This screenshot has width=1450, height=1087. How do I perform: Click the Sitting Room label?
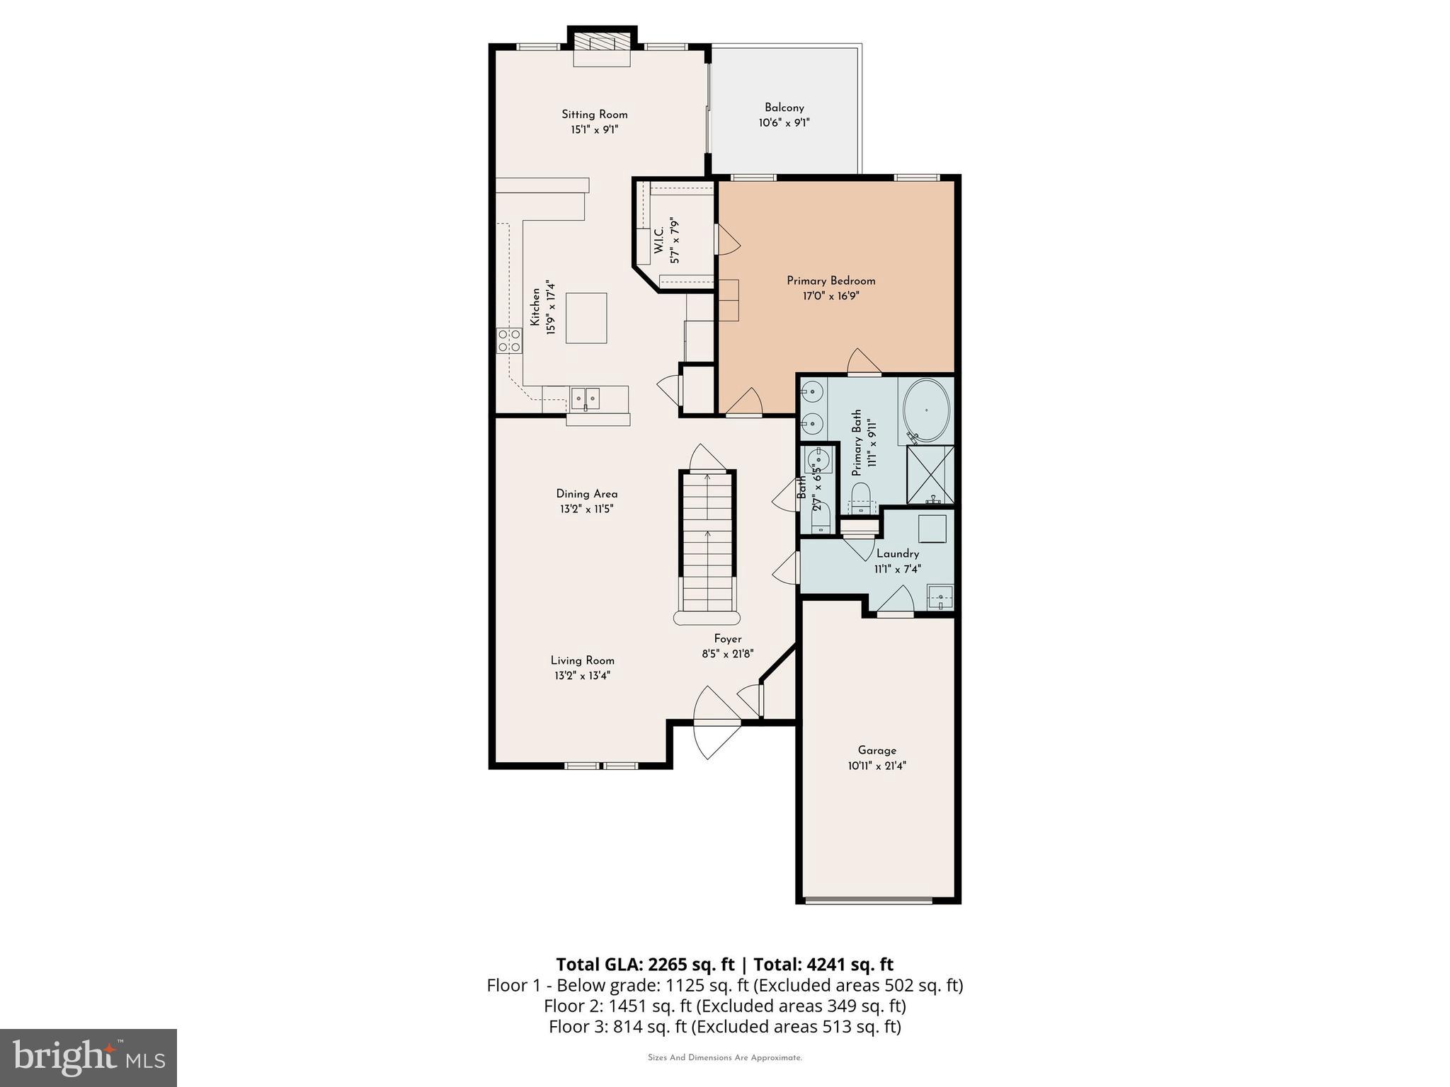coord(594,115)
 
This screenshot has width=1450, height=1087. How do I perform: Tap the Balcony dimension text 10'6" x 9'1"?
coord(784,123)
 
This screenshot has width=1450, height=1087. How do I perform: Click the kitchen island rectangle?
coord(586,318)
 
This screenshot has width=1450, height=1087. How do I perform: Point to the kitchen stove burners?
coord(509,340)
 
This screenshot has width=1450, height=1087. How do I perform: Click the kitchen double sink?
coord(586,399)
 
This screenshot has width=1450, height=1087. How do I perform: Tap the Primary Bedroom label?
coord(830,281)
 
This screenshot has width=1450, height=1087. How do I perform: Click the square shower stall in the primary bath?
coord(930,474)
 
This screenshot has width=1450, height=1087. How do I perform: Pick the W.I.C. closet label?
coord(659,241)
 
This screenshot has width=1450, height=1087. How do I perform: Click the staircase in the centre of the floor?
coord(707,541)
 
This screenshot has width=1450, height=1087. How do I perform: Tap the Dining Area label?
coord(586,494)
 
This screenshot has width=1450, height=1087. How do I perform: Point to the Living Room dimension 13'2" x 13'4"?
coord(582,676)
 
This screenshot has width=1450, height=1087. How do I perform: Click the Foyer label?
coord(727,639)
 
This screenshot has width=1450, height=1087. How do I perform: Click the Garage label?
coord(877,750)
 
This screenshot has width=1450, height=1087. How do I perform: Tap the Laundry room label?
coord(897,554)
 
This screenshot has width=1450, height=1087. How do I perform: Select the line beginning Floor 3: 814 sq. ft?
coord(724,1027)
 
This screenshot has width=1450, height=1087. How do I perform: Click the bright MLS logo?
coord(89,1057)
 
